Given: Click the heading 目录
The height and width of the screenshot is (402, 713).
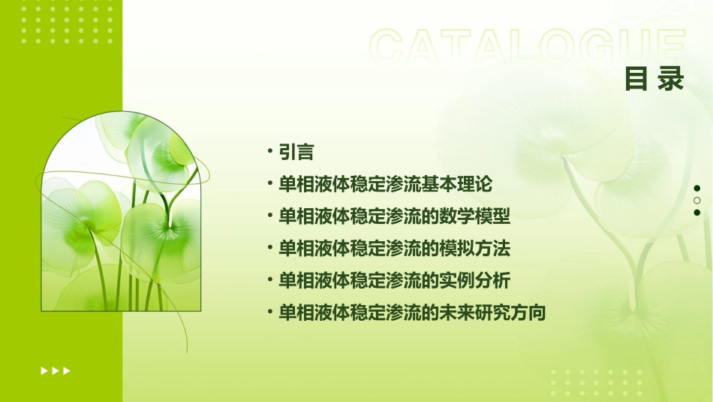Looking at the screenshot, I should point(654,79).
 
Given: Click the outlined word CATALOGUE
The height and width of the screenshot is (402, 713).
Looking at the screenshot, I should point(528,47).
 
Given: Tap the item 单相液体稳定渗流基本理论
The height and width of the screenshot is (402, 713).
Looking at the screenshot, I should point(386,183).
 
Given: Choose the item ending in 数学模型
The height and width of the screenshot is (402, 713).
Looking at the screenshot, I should point(395,216).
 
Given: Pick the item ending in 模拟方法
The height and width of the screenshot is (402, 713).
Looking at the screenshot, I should point(395,248).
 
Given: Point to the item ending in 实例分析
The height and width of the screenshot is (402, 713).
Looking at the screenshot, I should point(395,280).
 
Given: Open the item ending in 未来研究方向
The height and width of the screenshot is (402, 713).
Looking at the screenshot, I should point(412,313).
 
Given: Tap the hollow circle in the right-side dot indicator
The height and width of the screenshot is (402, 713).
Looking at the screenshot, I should point(697,201).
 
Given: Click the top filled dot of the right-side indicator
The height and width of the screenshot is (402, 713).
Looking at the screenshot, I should point(697,188).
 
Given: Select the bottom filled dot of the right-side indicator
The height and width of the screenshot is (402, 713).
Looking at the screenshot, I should point(697,213).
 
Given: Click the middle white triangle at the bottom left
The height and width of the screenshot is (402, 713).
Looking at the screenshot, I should point(56,370).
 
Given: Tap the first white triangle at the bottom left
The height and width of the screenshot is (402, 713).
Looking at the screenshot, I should point(44,370).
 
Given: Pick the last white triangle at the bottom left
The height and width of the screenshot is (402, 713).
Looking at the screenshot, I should point(67,370).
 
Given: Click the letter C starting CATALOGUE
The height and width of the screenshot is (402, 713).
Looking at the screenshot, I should point(390,47).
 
